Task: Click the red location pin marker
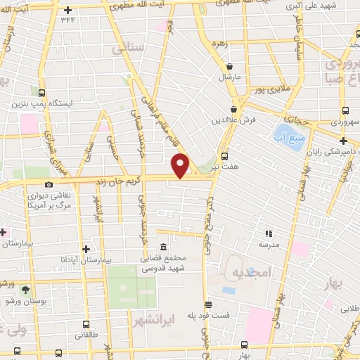(181, 165)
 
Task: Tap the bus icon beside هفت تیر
(224, 156)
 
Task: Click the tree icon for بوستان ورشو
(26, 289)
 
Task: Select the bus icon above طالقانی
(86, 325)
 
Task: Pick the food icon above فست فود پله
(208, 304)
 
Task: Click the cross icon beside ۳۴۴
(67, 10)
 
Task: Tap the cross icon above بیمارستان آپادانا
(86, 248)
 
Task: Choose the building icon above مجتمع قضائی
(163, 247)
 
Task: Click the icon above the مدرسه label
(268, 233)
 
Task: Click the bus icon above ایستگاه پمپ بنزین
(41, 93)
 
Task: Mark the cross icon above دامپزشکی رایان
(342, 141)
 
